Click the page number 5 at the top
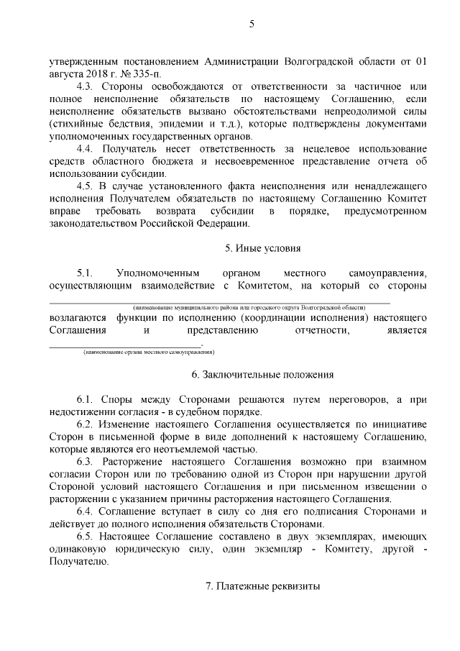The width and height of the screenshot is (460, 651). (252, 25)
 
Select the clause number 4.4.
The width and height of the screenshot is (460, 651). (85, 149)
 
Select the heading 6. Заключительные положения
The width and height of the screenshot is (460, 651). (262, 375)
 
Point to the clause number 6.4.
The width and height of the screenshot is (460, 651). (85, 511)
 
